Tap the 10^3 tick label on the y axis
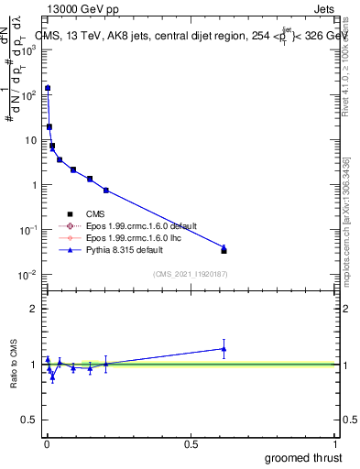click(x=28, y=50)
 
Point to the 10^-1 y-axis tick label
click(x=28, y=230)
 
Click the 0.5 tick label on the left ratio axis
click(x=28, y=420)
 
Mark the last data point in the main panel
click(x=224, y=249)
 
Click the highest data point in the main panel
click(x=48, y=88)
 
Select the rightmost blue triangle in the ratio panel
click(x=224, y=348)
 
